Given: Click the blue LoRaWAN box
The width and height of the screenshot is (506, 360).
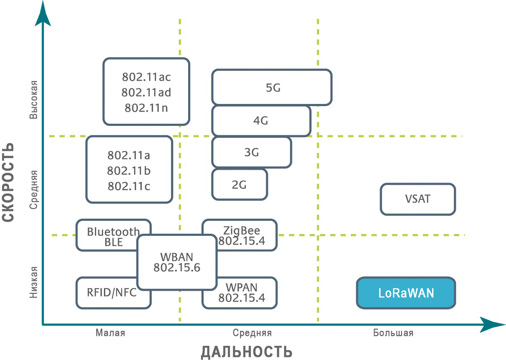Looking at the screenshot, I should [406, 293].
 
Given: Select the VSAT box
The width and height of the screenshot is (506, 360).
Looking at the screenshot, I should [418, 199].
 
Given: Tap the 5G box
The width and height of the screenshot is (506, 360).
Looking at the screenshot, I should [272, 88].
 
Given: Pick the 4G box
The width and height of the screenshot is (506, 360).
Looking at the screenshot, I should [261, 121].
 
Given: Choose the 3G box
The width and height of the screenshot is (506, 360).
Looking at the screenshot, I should [252, 152].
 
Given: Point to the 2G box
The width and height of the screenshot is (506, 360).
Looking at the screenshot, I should [239, 184].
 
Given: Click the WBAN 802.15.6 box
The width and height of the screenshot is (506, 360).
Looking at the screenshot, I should [177, 262].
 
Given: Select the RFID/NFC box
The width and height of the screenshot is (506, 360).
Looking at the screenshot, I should [113, 293].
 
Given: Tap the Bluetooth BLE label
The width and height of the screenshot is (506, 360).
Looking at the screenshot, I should [113, 237].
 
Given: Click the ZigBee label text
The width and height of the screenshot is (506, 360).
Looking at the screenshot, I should [242, 232].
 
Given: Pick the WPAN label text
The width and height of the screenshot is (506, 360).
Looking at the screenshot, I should [242, 287].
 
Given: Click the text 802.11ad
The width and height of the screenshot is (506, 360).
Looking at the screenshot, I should [146, 92].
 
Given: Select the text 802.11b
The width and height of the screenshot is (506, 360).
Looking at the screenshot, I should [129, 171].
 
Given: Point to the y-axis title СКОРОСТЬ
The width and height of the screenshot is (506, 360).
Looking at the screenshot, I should [9, 183].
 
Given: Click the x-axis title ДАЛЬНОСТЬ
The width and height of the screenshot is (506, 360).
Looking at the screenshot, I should [247, 351].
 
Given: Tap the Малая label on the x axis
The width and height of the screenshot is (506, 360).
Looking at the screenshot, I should [110, 333].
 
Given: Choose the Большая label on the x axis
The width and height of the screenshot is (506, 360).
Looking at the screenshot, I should [393, 333].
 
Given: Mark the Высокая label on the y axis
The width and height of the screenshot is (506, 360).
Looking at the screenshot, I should [34, 99].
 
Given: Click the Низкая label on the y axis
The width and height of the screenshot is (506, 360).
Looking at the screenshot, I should [34, 282].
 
